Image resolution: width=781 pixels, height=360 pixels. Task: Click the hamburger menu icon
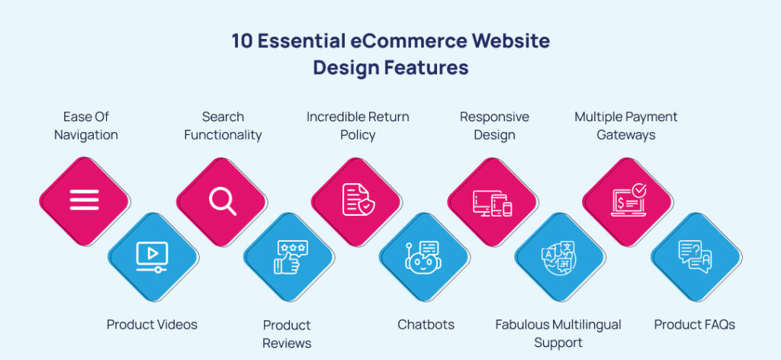pos(85,200)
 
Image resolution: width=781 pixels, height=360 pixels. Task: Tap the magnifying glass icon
pos(222,200)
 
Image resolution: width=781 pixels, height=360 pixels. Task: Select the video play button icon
pos(152,256)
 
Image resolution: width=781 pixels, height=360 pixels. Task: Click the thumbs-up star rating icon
pos(291,257)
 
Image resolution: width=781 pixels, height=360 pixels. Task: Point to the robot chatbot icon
pos(423,257)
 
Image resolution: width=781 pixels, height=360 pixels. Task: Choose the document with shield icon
pos(357,200)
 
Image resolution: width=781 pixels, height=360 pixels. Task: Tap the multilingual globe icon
pos(559,257)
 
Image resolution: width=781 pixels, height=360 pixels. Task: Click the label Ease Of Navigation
pos(86,126)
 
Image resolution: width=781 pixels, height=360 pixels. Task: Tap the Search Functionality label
pos(223,126)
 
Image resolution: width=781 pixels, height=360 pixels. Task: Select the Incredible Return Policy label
pos(358,126)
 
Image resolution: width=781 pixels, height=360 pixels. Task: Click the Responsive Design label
pos(494,126)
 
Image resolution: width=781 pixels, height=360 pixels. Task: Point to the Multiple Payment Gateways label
pos(625,126)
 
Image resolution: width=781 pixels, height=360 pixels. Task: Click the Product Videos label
pos(152,324)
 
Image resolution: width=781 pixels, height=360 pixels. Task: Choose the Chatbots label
pos(426,324)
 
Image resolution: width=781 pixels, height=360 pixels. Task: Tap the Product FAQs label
pos(694,324)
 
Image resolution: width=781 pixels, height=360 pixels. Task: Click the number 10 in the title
pos(246,41)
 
